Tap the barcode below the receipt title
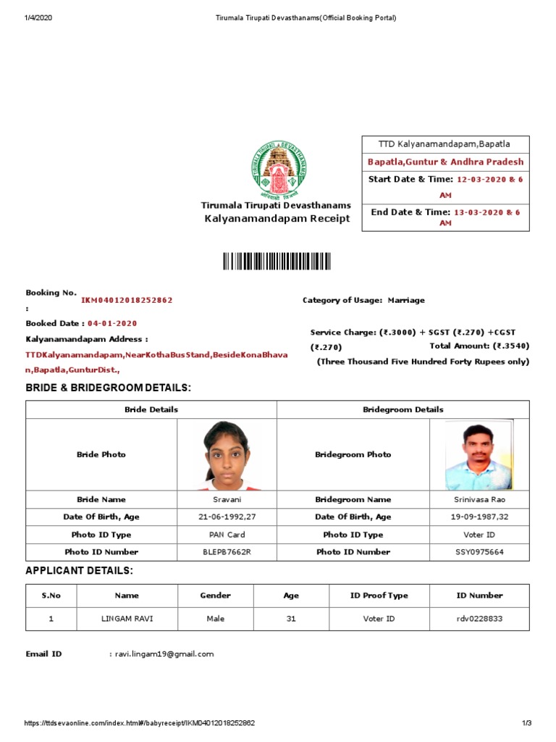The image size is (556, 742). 277,262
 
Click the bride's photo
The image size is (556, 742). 227,454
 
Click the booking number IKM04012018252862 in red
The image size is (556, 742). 127,300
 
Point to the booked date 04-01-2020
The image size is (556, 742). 112,323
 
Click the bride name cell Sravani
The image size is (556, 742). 227,499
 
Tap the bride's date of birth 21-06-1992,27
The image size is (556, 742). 227,517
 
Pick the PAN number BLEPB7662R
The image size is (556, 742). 227,551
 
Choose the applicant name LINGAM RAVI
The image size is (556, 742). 127,619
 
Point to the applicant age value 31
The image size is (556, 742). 291,619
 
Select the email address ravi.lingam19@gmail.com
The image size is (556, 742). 164,654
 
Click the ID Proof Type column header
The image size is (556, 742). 379,596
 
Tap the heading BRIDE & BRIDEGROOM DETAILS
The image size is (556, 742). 109,388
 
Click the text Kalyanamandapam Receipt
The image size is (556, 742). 276,218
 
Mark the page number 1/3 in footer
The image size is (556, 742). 526,723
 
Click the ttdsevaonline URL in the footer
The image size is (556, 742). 140,723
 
